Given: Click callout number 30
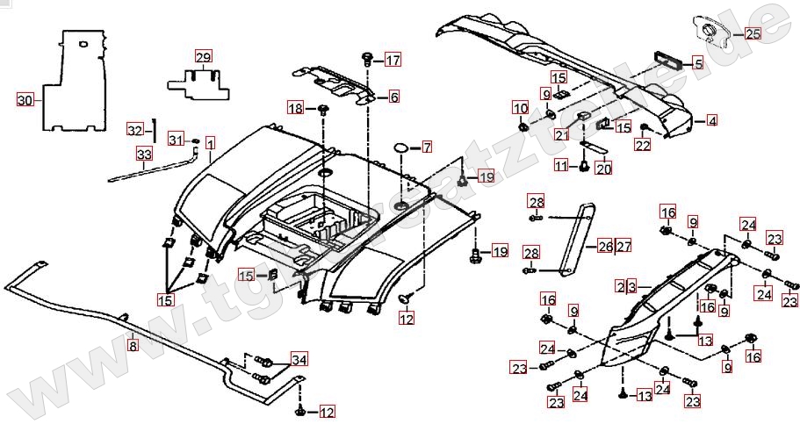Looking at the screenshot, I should tap(25, 100).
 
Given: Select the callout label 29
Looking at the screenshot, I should tap(203, 58).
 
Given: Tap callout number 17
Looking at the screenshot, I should tap(392, 61).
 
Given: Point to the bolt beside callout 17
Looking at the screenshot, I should tap(366, 59).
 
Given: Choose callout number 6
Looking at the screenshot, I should tap(393, 97).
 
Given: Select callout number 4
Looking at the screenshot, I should tap(711, 120).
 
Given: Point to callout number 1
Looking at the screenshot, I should tap(210, 141).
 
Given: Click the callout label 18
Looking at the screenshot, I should tap(296, 108).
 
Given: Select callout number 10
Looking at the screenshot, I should tap(521, 108).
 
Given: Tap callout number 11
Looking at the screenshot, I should tap(561, 165).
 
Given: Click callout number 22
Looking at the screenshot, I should tap(644, 146).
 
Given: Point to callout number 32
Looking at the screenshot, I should tap(133, 130).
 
